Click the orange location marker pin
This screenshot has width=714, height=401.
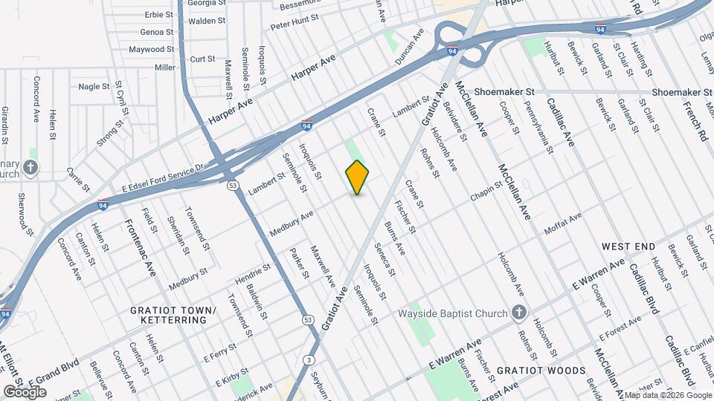(358, 177)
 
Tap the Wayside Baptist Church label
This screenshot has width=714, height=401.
(463, 313)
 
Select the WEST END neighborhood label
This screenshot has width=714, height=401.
(628, 247)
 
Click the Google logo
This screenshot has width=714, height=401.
(25, 391)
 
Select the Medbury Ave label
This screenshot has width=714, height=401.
(292, 221)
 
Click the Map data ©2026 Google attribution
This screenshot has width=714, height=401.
(667, 395)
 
